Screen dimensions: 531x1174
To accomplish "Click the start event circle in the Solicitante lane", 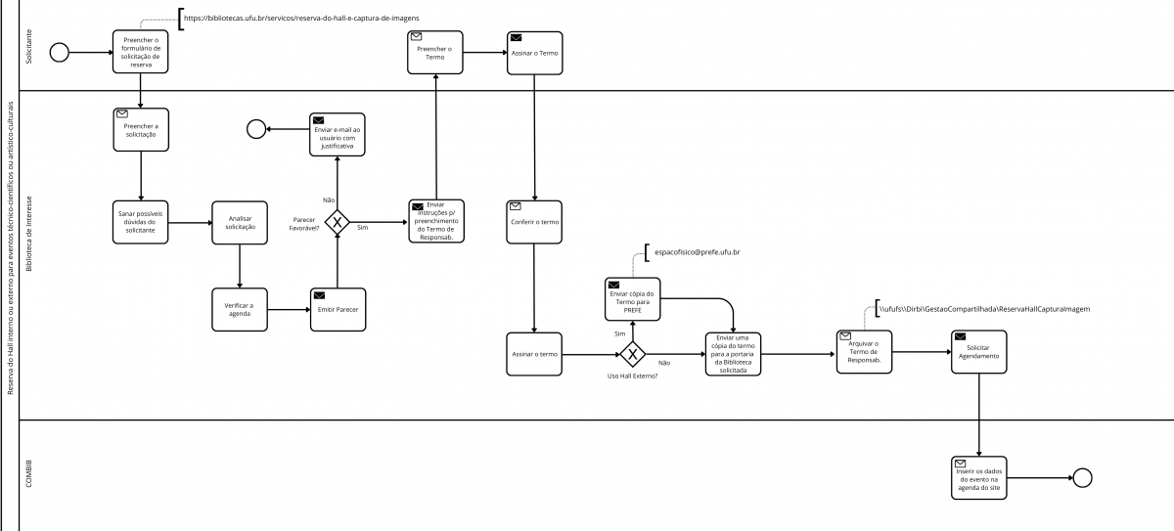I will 60,52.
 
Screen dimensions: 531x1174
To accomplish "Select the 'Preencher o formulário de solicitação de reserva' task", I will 142,51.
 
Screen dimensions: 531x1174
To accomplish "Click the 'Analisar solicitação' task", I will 241,223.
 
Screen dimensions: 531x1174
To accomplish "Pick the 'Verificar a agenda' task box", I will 241,309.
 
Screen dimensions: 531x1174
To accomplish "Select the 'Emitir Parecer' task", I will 338,309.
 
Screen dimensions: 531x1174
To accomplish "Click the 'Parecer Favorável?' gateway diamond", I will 338,223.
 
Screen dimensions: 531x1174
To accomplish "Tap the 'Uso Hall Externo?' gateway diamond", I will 633,354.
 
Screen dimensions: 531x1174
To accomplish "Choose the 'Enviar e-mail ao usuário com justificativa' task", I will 338,135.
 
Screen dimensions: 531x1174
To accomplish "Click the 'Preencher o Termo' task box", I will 435,52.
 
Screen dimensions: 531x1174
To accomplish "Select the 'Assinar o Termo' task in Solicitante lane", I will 534,52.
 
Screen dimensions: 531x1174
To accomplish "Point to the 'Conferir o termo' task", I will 534,222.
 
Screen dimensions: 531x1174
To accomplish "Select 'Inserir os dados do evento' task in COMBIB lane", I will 978,478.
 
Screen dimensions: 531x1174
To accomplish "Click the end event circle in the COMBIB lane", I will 1082,477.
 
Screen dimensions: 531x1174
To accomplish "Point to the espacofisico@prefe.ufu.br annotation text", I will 698,253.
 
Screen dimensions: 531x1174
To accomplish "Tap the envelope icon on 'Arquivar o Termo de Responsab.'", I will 845,336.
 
